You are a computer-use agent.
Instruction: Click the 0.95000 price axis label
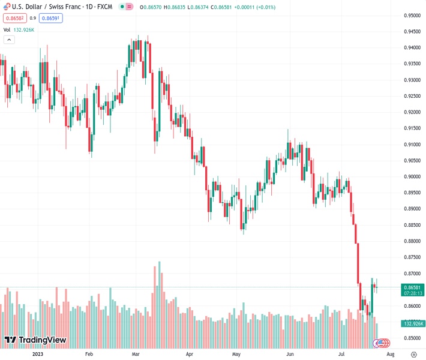pyautogui.click(x=412, y=16)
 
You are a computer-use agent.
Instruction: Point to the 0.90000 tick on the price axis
pyautogui.click(x=412, y=176)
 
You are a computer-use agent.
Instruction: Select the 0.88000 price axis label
pyautogui.click(x=412, y=241)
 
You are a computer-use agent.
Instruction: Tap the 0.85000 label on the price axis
pyautogui.click(x=412, y=338)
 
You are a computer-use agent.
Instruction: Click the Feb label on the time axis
pyautogui.click(x=89, y=354)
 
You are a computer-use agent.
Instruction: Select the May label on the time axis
pyautogui.click(x=236, y=354)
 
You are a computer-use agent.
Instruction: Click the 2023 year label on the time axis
pyautogui.click(x=37, y=354)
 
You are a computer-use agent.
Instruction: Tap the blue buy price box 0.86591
pyautogui.click(x=50, y=18)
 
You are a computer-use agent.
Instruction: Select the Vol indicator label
pyautogui.click(x=7, y=29)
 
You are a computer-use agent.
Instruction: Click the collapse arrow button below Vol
pyautogui.click(x=8, y=40)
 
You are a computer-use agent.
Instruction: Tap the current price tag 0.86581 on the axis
pyautogui.click(x=412, y=287)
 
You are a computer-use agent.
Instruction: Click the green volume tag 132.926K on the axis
pyautogui.click(x=412, y=323)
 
